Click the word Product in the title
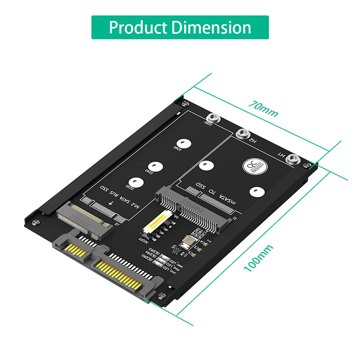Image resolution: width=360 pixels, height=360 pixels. click(x=138, y=27)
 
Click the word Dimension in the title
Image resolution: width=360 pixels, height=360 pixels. click(x=210, y=27)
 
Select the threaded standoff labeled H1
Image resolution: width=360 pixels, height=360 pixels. click(x=293, y=158)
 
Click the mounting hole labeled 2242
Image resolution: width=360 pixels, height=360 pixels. click(x=155, y=166)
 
